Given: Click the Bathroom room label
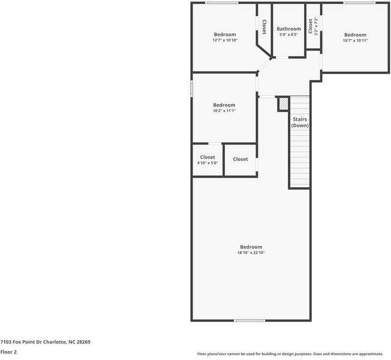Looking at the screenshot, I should pos(288,29).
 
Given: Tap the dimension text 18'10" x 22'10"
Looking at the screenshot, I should pos(251,253).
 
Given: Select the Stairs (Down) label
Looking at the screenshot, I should pos(300,122).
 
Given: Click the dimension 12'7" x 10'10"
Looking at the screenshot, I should pos(225,41).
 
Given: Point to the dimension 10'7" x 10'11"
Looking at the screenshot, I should pos(355,41).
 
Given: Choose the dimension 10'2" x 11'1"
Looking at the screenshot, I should pos(224,111).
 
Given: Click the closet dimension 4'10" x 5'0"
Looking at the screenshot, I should pos(207,163).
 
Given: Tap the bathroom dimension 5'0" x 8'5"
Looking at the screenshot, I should pos(288,35).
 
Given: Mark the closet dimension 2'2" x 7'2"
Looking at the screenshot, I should pos(316,26).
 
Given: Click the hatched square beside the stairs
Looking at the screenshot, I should pos(283,104).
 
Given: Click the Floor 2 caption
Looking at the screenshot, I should pos(9,352).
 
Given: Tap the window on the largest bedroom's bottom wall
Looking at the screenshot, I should pos(249,320).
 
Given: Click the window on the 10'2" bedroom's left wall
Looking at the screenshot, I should pos(192,88).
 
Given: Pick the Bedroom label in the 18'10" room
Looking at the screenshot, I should pos(251,247).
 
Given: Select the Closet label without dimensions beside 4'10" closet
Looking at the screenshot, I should pos(240,160).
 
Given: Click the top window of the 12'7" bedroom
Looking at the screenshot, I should pos(221,3).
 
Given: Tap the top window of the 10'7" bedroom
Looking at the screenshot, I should pos(360,3).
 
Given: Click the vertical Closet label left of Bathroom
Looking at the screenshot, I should pos(264,26).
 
